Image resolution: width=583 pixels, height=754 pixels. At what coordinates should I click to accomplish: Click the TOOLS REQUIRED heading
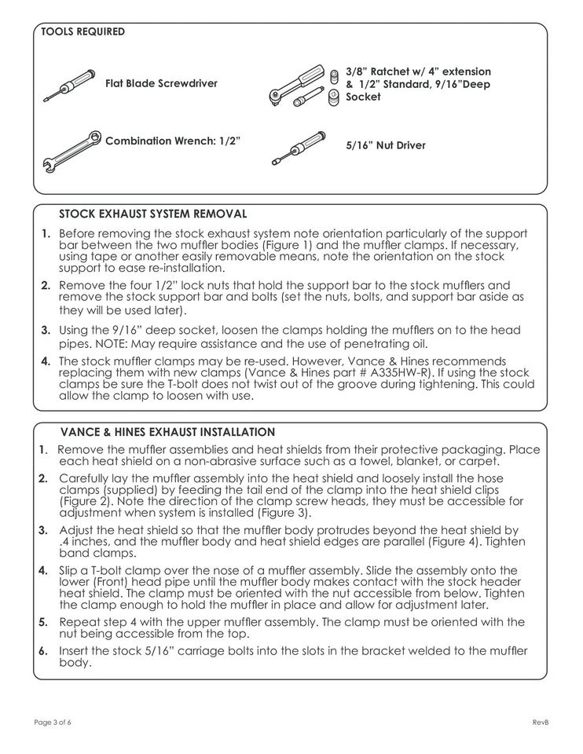pyautogui.click(x=82, y=32)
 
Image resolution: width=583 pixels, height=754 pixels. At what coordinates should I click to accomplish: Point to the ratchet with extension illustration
pyautogui.click(x=297, y=86)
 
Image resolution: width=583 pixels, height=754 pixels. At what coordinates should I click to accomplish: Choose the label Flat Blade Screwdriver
pyautogui.click(x=161, y=83)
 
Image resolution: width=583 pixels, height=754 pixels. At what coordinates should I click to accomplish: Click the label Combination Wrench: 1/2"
pyautogui.click(x=172, y=141)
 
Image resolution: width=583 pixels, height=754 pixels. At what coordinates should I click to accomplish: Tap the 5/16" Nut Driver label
pyautogui.click(x=386, y=145)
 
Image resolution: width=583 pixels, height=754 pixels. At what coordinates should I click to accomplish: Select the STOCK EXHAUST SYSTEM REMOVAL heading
pyautogui.click(x=152, y=214)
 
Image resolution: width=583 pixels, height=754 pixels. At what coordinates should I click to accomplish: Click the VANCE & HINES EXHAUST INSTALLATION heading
pyautogui.click(x=167, y=432)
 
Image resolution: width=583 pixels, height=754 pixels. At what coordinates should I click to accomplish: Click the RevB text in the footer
pyautogui.click(x=540, y=723)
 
